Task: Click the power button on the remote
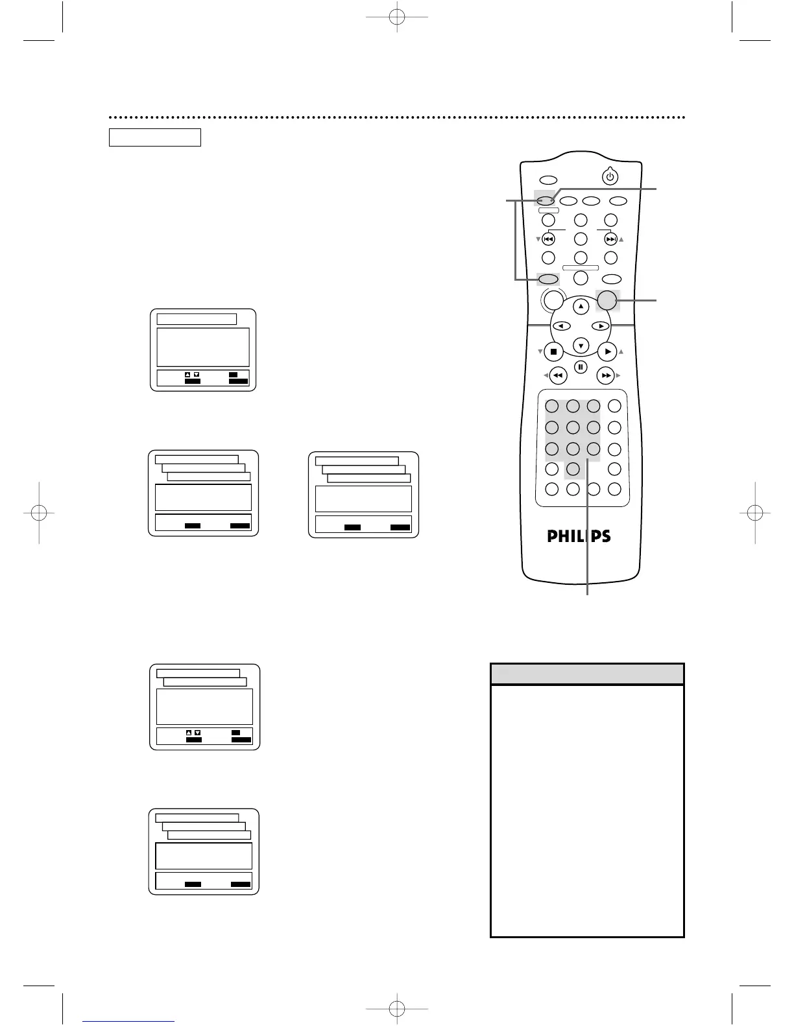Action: click(x=609, y=176)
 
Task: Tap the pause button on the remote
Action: click(x=581, y=367)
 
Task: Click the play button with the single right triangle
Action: click(x=607, y=351)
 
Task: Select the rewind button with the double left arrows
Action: click(x=558, y=375)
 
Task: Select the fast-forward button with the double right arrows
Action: click(x=605, y=375)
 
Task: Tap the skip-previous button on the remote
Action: click(x=548, y=239)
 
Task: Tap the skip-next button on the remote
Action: click(x=611, y=239)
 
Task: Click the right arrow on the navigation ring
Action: click(x=601, y=326)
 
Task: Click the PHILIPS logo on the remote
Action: click(x=579, y=536)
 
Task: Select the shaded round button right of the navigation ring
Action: click(x=607, y=300)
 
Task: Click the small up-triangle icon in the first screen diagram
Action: click(x=187, y=375)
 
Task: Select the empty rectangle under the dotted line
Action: click(x=154, y=137)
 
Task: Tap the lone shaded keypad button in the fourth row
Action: click(x=573, y=469)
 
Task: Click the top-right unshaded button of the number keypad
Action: click(x=614, y=407)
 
